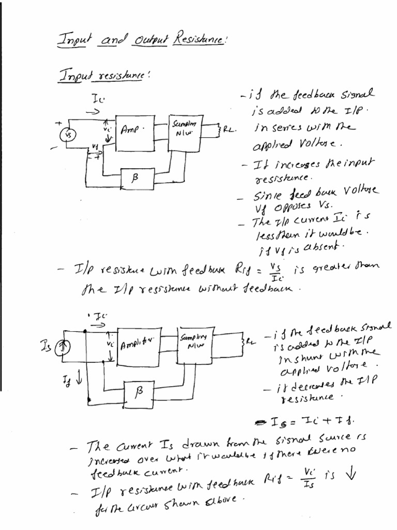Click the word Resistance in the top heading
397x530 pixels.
(194, 38)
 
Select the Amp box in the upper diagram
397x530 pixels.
(135, 132)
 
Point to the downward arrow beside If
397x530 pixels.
(79, 382)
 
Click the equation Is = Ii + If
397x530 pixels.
(306, 420)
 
